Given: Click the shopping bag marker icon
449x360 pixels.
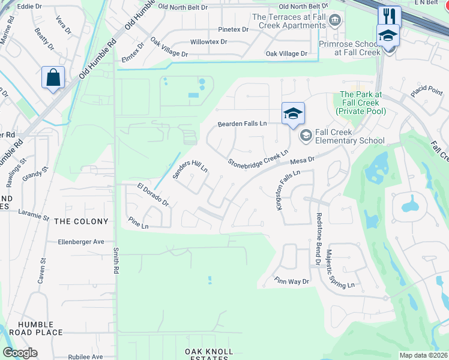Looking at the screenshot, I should point(53,78).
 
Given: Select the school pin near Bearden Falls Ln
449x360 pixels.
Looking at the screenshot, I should point(293,113).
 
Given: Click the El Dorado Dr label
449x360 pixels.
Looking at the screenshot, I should point(152,195).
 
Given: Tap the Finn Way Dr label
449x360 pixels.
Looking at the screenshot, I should point(292,281).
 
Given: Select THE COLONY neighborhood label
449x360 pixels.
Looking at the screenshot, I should point(81,221).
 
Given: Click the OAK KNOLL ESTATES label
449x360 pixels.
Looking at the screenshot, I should point(206,354).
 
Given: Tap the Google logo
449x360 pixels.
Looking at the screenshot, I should point(20,353).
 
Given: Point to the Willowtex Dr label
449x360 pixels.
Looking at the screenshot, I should point(209,42).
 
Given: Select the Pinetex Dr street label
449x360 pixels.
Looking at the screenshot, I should point(234,29).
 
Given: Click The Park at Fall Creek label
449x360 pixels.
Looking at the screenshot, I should point(361,103).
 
